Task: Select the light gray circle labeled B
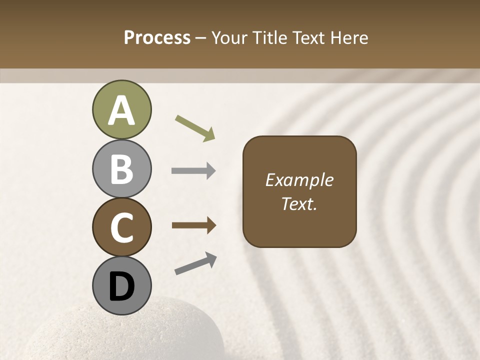click(121, 169)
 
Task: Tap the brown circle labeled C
click(121, 227)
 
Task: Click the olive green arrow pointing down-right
click(195, 128)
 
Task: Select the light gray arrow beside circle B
click(193, 171)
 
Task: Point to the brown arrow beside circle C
click(194, 225)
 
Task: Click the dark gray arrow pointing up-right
click(195, 263)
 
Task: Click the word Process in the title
click(157, 38)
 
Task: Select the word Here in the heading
click(348, 38)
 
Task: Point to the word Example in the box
click(299, 180)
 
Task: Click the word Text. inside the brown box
click(299, 204)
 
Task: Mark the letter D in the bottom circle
click(121, 287)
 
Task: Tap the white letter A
click(121, 111)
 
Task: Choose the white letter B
click(121, 169)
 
